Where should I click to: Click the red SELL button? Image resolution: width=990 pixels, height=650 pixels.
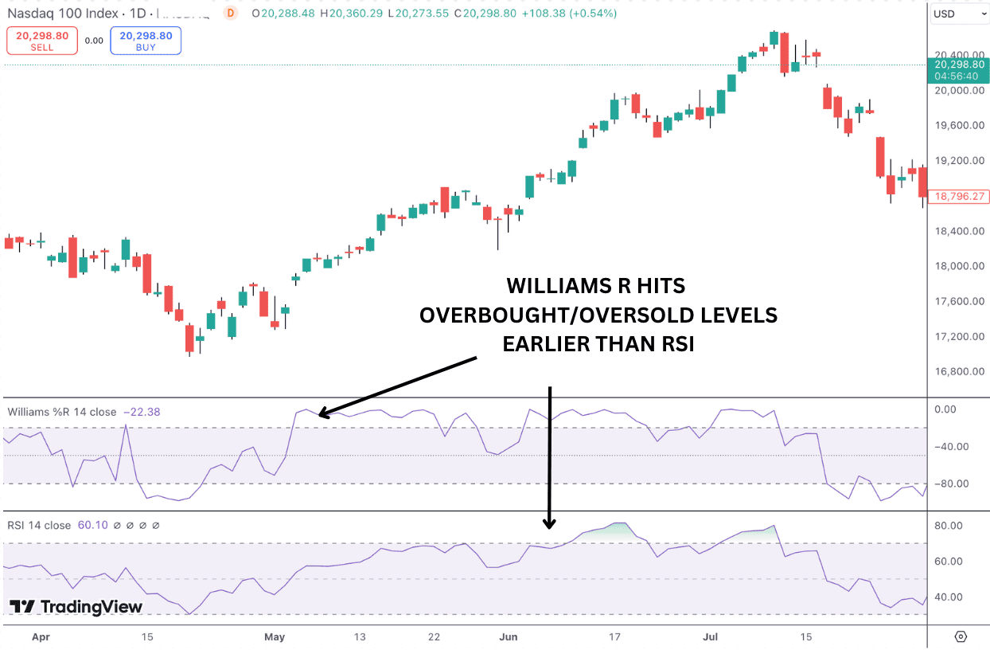(x=42, y=41)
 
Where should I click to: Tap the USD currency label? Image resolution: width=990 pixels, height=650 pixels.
(x=945, y=14)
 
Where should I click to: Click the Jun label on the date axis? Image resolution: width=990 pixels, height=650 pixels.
(x=508, y=636)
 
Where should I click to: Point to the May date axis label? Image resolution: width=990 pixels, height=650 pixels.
(x=275, y=636)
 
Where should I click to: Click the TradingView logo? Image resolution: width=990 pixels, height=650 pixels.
(x=76, y=607)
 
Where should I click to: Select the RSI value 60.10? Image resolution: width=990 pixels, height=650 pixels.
(x=91, y=525)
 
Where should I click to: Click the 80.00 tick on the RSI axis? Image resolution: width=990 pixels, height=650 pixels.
(x=948, y=526)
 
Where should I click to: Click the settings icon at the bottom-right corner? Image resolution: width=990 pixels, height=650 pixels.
(x=961, y=636)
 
